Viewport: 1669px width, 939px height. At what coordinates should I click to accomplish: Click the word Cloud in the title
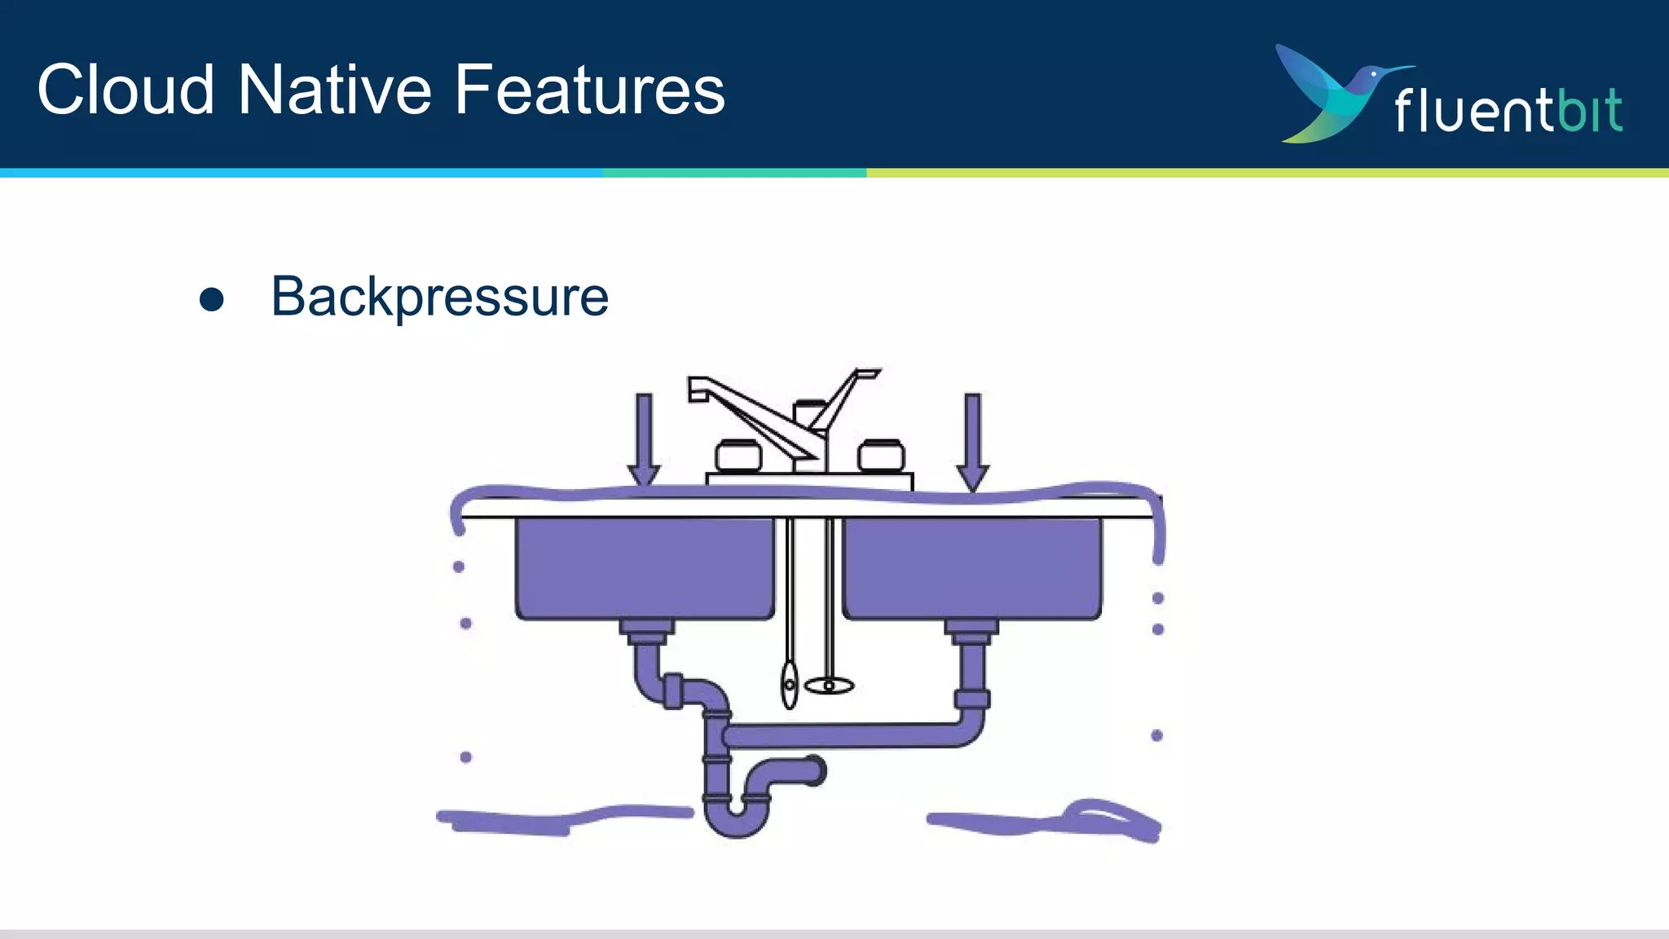coord(126,90)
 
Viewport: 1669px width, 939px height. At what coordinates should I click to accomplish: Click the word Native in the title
coord(334,90)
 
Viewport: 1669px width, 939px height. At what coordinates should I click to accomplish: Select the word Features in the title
coord(589,90)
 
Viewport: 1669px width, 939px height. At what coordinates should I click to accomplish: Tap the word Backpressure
coord(439,298)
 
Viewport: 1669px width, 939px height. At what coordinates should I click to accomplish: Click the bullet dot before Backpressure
coord(211,299)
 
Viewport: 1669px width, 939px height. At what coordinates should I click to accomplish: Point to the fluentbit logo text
coord(1508,111)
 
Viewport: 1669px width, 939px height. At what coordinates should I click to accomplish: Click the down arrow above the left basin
coord(644,440)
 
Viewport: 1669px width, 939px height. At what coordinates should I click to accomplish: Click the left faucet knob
coord(738,456)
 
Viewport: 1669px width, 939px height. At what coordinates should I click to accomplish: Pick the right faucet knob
coord(881,456)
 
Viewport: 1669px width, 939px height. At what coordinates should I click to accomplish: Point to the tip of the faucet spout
coord(698,390)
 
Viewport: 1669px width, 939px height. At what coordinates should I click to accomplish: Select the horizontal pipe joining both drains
coord(848,736)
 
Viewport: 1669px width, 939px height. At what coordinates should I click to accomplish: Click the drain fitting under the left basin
coord(647,629)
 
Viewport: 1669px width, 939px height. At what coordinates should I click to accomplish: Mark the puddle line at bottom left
coord(562,819)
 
